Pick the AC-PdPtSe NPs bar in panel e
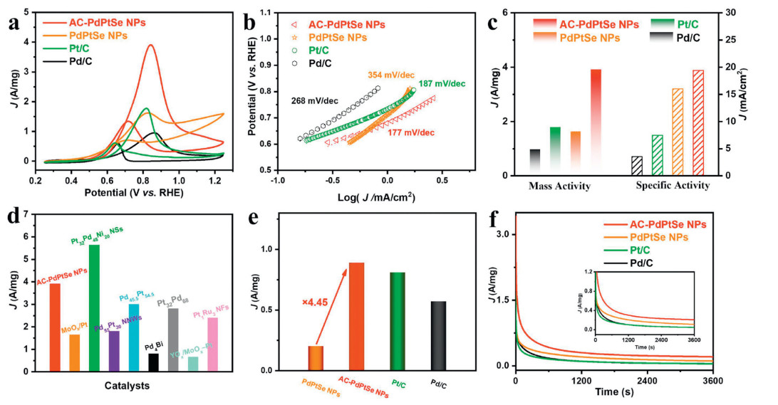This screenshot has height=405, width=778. pos(357,316)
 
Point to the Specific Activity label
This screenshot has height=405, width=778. pos(672,186)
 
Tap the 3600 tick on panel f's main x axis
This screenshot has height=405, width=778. pos(712,381)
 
